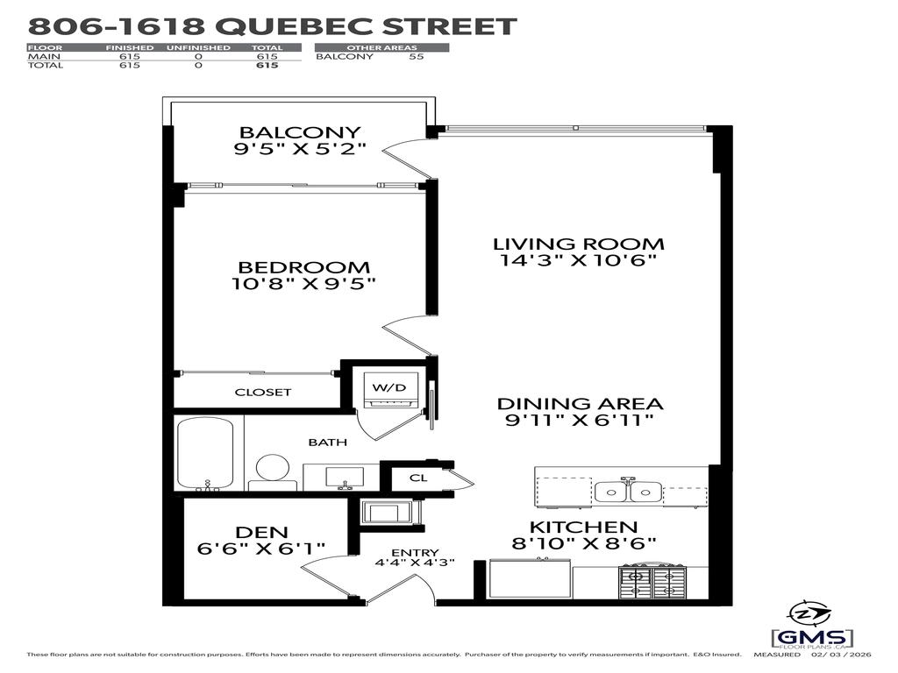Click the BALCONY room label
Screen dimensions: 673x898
pos(298,131)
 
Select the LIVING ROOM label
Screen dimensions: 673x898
pos(578,244)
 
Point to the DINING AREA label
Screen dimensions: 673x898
pos(580,404)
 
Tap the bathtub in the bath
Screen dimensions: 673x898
pos(204,453)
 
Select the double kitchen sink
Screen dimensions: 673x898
pos(628,492)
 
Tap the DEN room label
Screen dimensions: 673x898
pos(261,532)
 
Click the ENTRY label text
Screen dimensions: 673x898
pos(410,551)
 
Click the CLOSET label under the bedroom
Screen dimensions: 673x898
pos(262,392)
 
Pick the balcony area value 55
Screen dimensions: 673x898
pos(417,56)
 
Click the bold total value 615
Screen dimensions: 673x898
pos(267,65)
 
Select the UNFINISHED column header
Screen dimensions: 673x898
pos(198,47)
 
